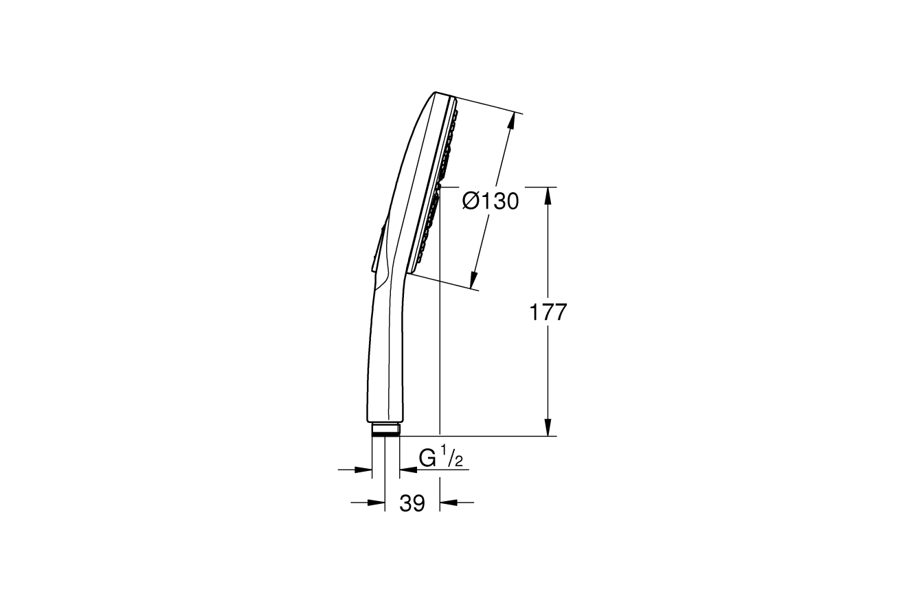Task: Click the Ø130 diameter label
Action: point(491,201)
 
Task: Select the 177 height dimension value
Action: point(548,312)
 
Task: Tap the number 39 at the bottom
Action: point(412,503)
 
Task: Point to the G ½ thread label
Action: point(441,458)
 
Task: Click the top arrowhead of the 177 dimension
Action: point(548,196)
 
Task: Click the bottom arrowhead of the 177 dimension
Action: point(548,427)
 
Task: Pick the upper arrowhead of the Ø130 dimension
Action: point(511,122)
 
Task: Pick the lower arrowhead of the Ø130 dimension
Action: point(474,280)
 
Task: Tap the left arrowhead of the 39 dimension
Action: point(376,502)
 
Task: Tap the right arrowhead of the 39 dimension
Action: point(449,502)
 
